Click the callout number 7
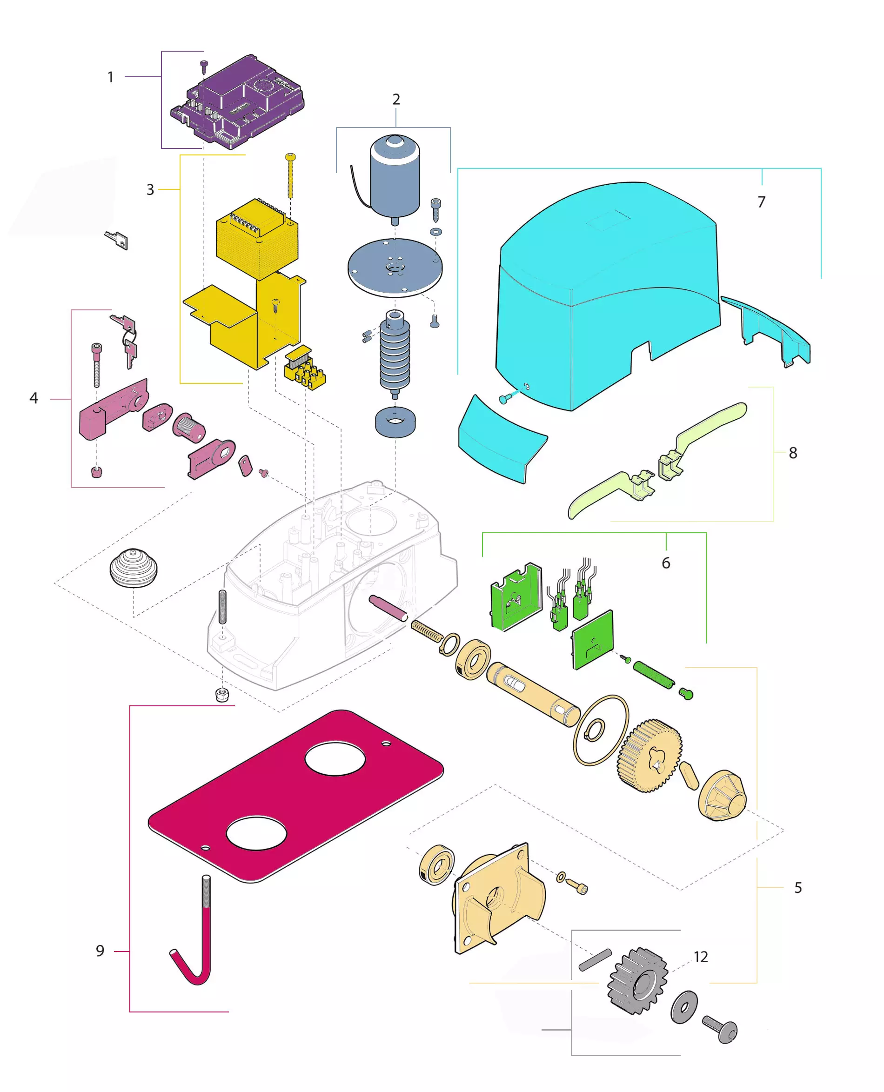pyautogui.click(x=761, y=202)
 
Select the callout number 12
pyautogui.click(x=701, y=957)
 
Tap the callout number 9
pyautogui.click(x=100, y=951)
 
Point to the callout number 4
pyautogui.click(x=33, y=398)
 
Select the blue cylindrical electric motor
pyautogui.click(x=395, y=178)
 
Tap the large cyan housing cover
pyautogui.click(x=606, y=295)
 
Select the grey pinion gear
pyautogui.click(x=638, y=980)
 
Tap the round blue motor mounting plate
pyautogui.click(x=395, y=267)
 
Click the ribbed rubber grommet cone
pyautogui.click(x=134, y=568)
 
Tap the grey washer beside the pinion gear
pyautogui.click(x=684, y=1007)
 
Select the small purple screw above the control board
pyautogui.click(x=204, y=67)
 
